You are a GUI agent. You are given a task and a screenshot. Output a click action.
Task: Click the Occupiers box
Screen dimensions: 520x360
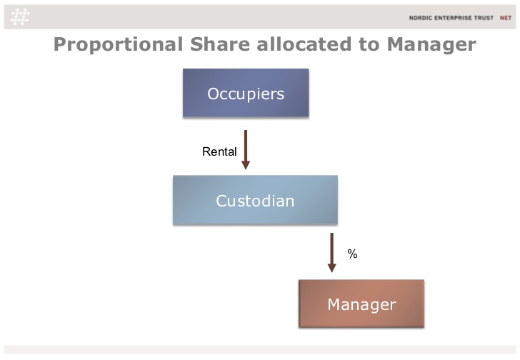point(246,93)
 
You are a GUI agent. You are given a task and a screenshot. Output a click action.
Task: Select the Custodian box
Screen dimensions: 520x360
point(256,200)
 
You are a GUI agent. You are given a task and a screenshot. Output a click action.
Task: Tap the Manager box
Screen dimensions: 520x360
point(361,304)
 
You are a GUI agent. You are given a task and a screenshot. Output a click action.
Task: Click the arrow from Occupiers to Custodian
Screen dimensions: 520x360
point(246,150)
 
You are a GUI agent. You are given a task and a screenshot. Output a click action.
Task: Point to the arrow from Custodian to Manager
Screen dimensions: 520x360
point(331,253)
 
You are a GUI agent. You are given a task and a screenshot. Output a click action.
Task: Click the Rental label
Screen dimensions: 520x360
point(219,151)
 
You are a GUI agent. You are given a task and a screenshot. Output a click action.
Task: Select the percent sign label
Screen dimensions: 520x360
point(352,254)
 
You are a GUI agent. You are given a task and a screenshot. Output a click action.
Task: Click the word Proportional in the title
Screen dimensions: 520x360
point(118,44)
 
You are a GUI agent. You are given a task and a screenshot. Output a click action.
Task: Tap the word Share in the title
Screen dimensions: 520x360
point(220,44)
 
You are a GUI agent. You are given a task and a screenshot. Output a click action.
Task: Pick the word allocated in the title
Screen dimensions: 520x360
point(304,44)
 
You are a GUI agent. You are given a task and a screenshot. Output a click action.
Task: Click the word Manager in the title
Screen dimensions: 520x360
point(431,44)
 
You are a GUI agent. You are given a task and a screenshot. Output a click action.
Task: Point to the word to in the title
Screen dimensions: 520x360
point(369,44)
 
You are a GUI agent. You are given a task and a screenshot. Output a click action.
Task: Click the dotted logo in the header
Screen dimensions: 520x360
point(20,17)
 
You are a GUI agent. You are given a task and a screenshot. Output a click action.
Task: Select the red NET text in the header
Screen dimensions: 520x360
point(506,18)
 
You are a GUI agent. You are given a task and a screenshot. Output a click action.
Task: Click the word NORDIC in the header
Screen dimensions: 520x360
point(420,18)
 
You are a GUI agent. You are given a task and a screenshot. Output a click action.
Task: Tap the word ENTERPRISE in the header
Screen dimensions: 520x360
point(453,18)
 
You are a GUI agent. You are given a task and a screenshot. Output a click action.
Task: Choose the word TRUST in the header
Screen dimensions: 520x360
point(484,18)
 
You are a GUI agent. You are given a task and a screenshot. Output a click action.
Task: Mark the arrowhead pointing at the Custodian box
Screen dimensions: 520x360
point(246,165)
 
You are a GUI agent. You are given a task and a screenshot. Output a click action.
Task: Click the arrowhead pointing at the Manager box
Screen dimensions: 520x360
point(331,268)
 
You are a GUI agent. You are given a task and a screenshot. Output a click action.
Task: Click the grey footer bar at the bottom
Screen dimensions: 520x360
point(260,350)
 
